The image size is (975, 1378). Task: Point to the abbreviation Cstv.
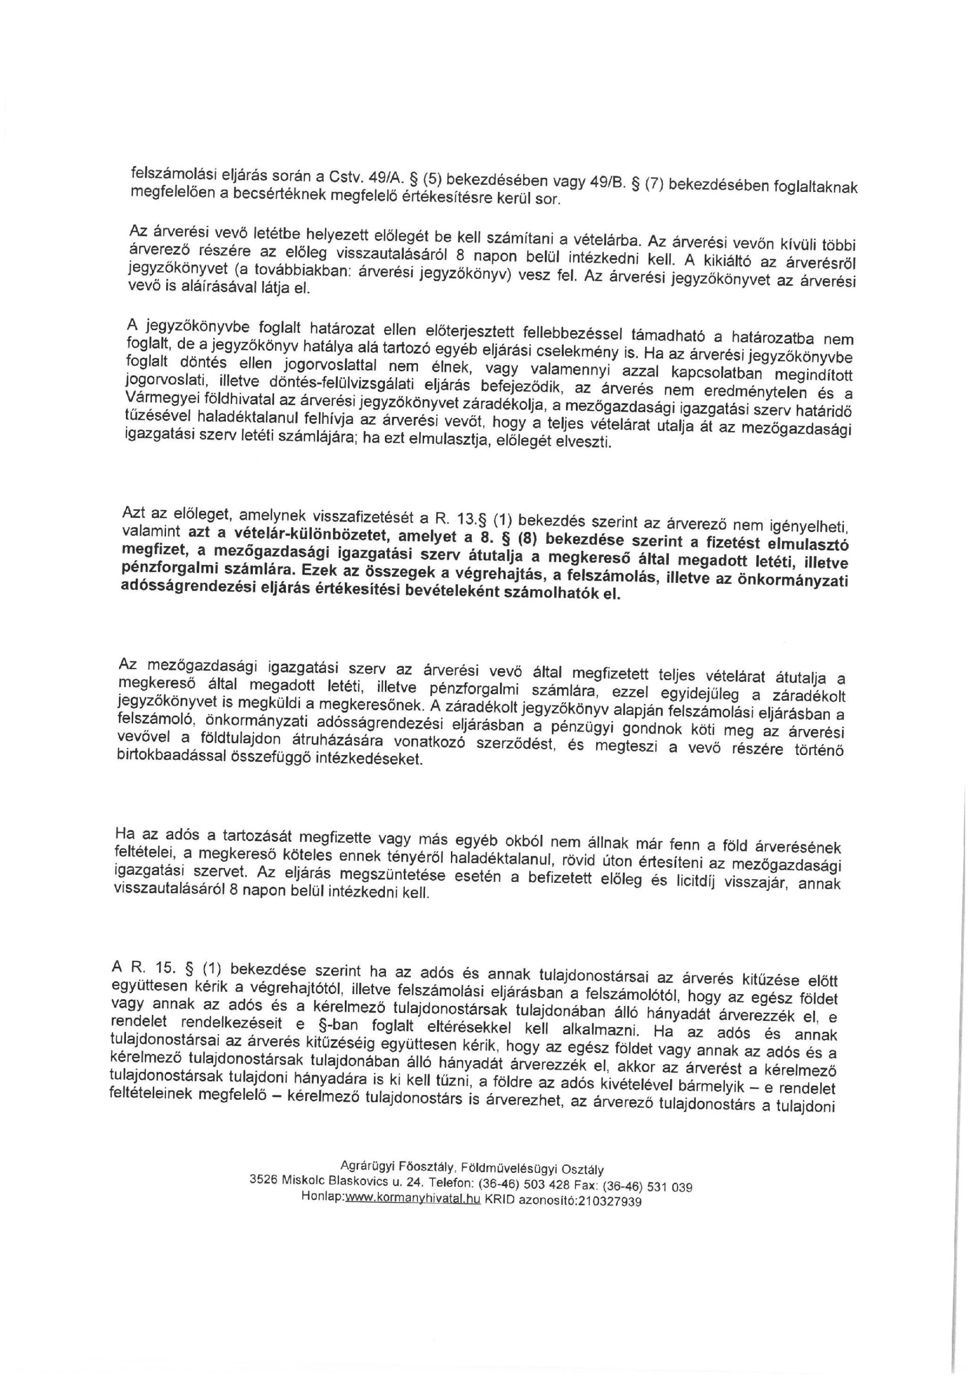coord(344,178)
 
